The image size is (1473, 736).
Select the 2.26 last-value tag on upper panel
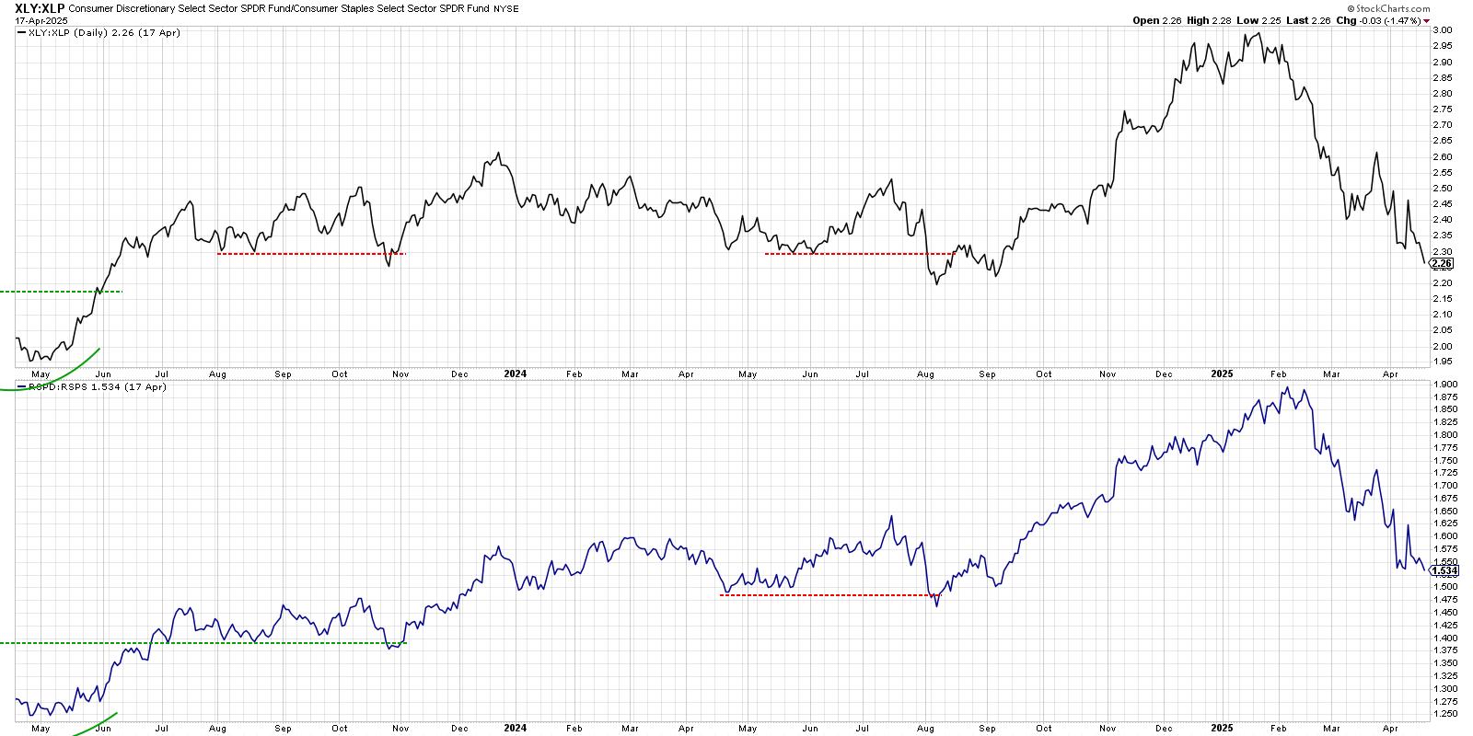pos(1442,263)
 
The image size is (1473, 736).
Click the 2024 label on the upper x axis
pos(515,374)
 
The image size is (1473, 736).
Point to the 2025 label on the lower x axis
pos(1222,728)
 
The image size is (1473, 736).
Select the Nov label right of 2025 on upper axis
pos(1108,374)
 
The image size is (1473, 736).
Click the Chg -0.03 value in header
pos(1385,20)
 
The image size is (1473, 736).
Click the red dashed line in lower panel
pos(829,595)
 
